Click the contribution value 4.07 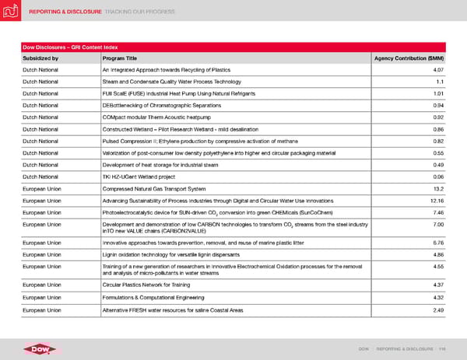coord(437,70)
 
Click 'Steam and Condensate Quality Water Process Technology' coord(176,82)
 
